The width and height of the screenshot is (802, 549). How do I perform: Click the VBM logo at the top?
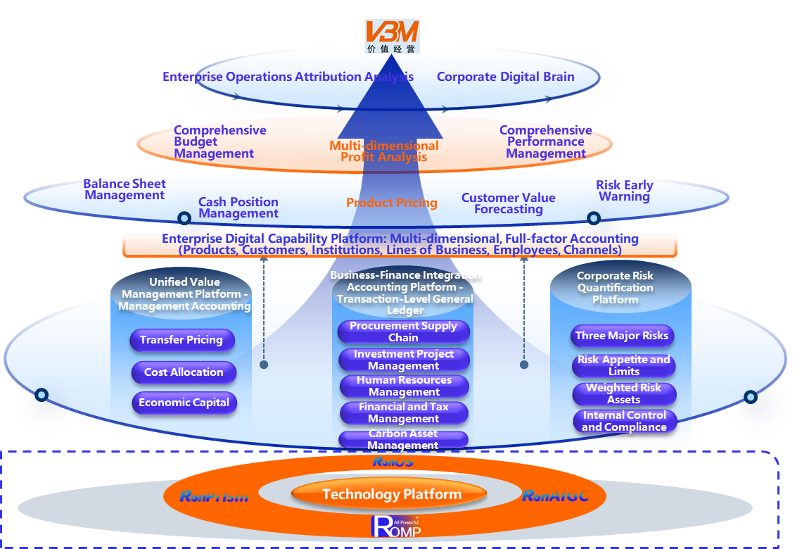[392, 36]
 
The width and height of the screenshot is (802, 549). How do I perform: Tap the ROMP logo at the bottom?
[396, 526]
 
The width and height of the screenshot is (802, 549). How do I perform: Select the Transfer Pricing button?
[182, 341]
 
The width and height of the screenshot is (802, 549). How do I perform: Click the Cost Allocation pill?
[184, 372]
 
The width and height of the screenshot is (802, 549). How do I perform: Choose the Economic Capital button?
[184, 403]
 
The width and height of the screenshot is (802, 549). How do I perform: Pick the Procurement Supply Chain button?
[403, 332]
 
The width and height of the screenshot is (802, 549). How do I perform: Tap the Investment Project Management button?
[404, 360]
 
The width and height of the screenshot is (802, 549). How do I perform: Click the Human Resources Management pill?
[404, 386]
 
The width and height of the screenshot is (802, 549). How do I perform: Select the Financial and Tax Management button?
[404, 412]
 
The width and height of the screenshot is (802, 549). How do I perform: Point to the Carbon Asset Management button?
[403, 439]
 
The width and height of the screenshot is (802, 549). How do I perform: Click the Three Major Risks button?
[622, 336]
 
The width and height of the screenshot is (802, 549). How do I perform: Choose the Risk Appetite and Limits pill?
[624, 365]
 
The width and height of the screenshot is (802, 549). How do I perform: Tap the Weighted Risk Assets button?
[624, 393]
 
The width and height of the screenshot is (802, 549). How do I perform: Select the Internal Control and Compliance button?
[624, 421]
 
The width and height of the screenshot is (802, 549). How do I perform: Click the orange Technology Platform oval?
[392, 495]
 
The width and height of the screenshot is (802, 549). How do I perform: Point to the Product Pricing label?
[392, 203]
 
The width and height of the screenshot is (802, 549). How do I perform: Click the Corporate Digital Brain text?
[505, 77]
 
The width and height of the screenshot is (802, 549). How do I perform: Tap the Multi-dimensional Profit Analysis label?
[384, 151]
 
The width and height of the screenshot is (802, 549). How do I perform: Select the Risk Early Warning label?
[624, 191]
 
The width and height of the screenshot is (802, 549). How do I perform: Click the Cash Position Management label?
[238, 208]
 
